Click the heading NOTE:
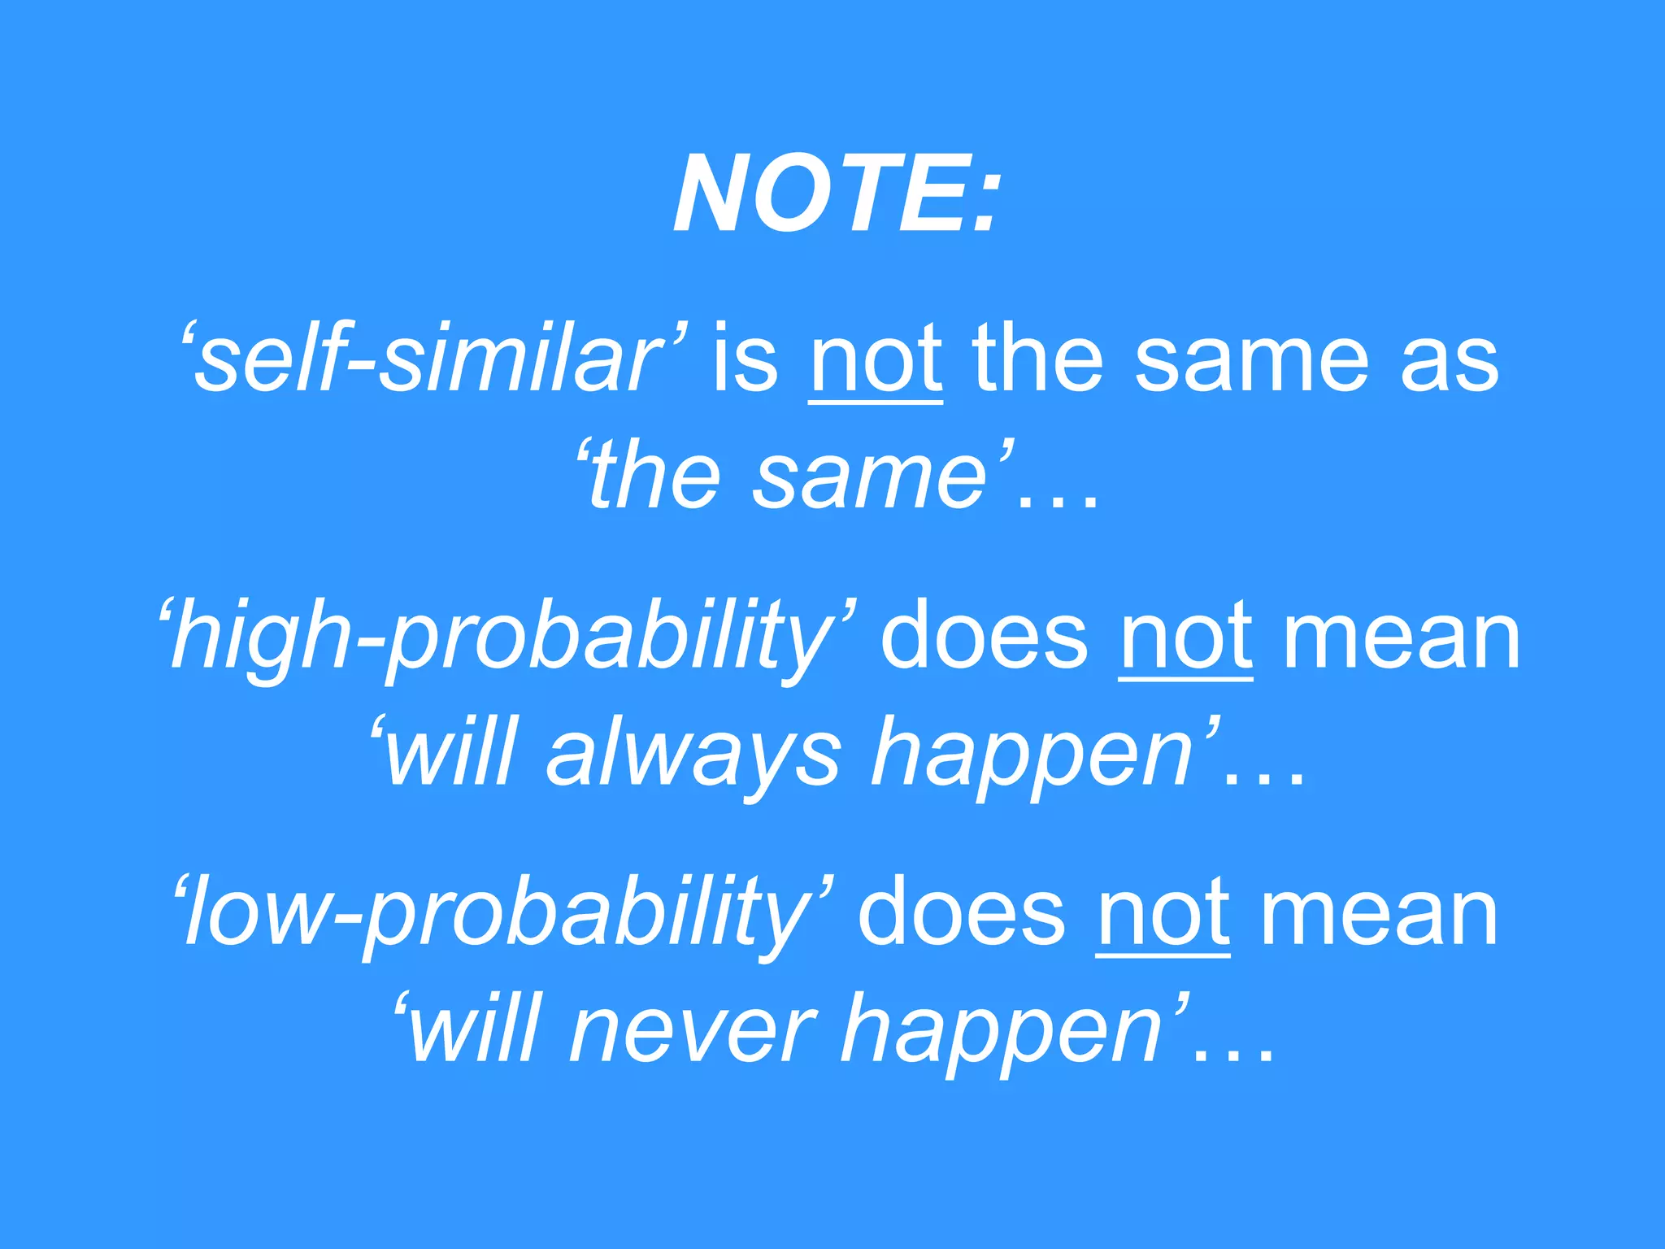tap(835, 195)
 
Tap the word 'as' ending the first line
tap(1450, 362)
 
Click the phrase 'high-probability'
tap(505, 638)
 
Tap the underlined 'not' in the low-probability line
tap(1163, 915)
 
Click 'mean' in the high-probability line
tap(1401, 638)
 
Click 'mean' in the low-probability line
tap(1378, 915)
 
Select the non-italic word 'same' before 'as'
tap(1252, 362)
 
